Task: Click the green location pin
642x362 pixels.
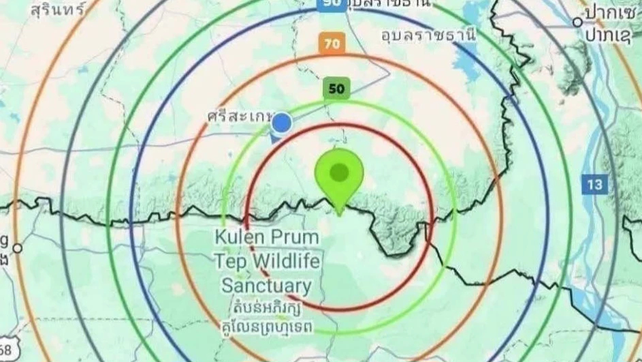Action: pos(338,175)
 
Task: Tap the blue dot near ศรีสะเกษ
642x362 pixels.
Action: pos(282,123)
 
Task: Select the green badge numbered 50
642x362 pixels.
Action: pos(336,88)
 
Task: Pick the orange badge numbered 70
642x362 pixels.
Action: pos(331,44)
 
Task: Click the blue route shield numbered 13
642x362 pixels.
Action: pos(594,183)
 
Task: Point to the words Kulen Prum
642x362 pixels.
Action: pos(267,238)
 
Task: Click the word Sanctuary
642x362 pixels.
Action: pos(266,286)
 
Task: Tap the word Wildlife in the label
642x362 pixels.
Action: pos(286,261)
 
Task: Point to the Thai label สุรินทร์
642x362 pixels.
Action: pos(58,10)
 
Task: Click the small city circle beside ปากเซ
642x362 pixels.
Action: pos(577,22)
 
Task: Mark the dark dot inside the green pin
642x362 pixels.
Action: pos(338,172)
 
